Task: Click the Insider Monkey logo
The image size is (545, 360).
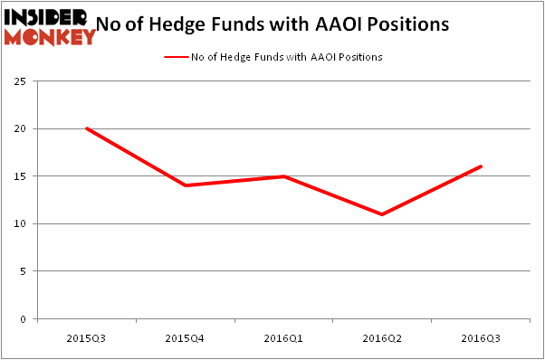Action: pyautogui.click(x=50, y=24)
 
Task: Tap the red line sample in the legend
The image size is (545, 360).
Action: pyautogui.click(x=176, y=57)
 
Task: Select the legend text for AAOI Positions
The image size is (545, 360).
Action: pyautogui.click(x=286, y=57)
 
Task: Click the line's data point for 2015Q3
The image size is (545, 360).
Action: pyautogui.click(x=87, y=128)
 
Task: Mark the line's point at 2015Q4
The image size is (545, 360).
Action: pyautogui.click(x=186, y=185)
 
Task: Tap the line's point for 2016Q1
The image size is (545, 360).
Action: pyautogui.click(x=284, y=176)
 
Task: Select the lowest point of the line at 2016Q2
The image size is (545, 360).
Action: pyautogui.click(x=383, y=214)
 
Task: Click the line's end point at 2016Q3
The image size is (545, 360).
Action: pyautogui.click(x=482, y=166)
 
